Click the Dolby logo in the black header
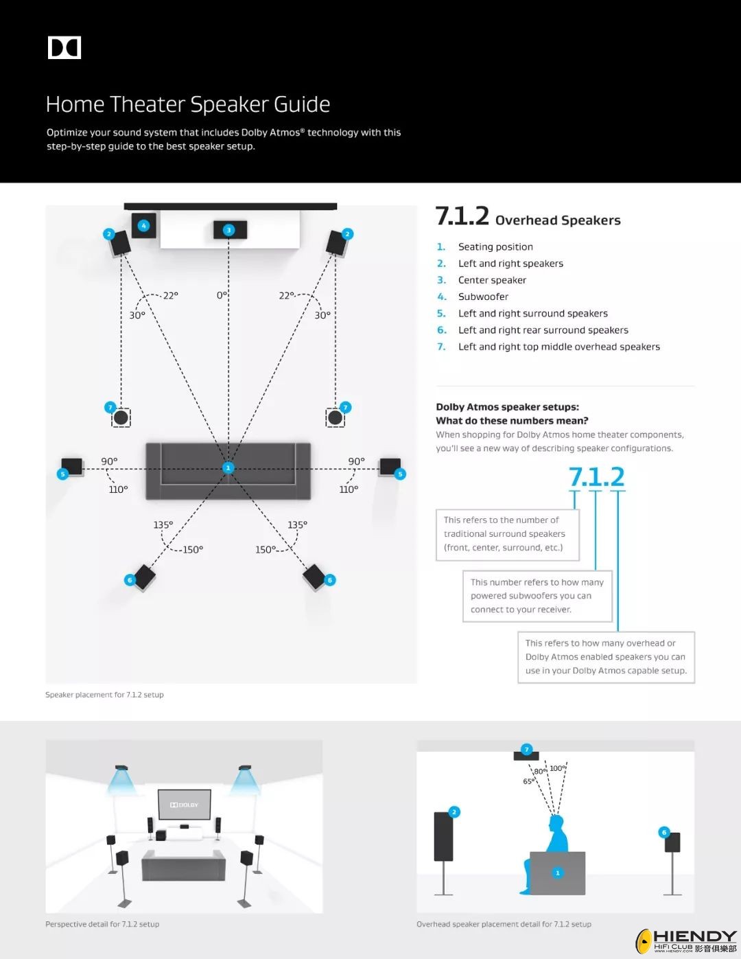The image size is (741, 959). click(64, 47)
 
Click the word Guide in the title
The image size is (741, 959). click(301, 104)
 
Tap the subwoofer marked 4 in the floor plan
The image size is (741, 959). click(143, 226)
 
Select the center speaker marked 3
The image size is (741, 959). click(229, 230)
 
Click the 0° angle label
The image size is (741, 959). click(222, 295)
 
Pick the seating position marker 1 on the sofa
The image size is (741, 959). click(228, 468)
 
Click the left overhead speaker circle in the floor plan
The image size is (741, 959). click(121, 417)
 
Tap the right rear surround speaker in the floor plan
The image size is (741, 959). click(315, 577)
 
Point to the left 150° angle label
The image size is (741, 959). click(193, 550)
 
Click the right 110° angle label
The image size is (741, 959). click(349, 489)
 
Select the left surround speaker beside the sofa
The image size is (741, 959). click(72, 467)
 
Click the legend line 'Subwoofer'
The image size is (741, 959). click(483, 297)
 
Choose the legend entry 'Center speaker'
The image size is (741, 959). click(492, 280)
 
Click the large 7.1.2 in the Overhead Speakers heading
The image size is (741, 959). click(462, 216)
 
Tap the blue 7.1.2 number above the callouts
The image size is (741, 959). click(596, 477)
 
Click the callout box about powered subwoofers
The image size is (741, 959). click(537, 596)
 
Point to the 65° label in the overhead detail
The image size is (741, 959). click(528, 781)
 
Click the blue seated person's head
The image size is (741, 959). click(556, 822)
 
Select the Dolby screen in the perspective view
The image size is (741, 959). click(184, 804)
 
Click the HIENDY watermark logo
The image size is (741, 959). click(686, 940)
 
